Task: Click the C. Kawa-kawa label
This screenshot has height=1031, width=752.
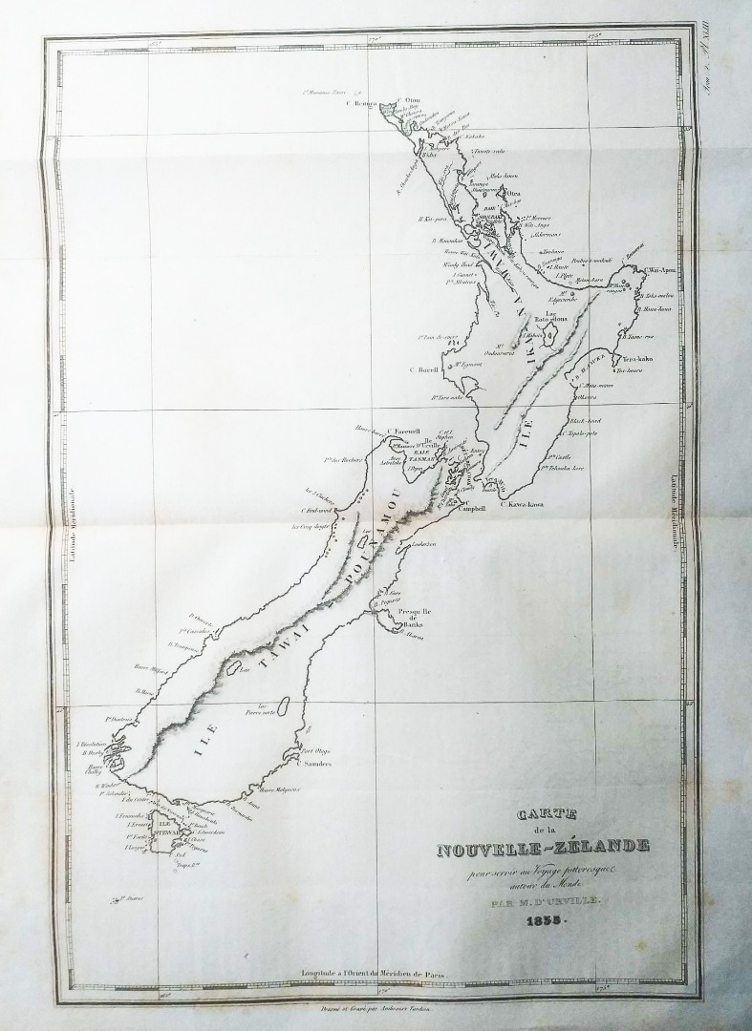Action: [x=533, y=504]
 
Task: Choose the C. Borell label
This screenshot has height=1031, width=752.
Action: [x=422, y=368]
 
